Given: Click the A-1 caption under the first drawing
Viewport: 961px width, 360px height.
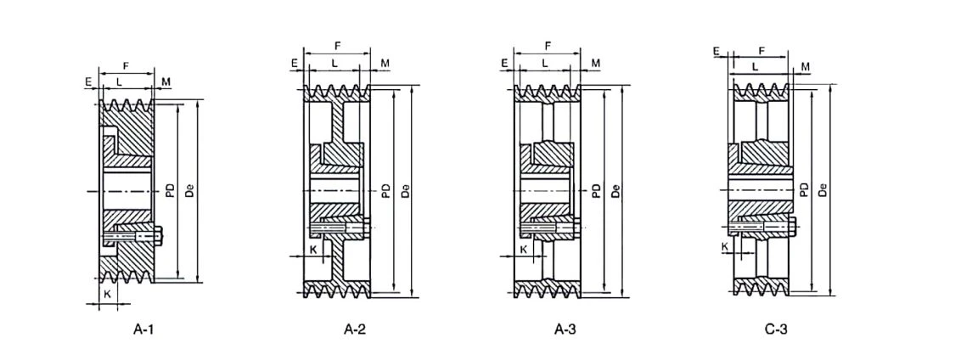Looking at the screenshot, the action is coord(143,329).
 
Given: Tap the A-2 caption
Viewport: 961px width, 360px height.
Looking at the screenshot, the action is coord(355,329).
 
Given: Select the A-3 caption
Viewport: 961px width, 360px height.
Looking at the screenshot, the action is coord(565,329).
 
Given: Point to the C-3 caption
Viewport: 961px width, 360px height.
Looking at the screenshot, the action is coord(776,329).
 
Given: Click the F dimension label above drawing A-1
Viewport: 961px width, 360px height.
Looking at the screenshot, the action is coord(126,65).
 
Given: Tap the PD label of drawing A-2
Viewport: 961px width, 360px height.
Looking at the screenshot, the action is coord(385,191).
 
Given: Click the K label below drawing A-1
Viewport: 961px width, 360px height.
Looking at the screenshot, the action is coord(107,294).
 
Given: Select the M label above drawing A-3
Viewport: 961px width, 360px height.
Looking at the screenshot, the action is coord(596,63).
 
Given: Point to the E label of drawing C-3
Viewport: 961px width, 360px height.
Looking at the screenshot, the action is coord(716,51).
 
